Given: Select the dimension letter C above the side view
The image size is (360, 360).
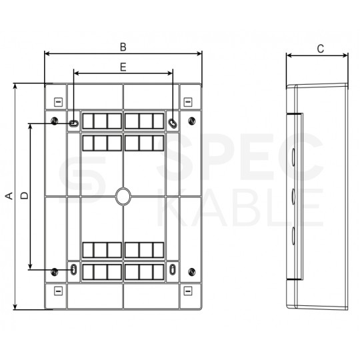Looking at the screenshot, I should tap(320, 48).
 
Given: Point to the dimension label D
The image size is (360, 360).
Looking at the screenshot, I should tap(23, 195).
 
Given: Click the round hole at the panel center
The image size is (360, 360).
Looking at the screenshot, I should tap(123, 195).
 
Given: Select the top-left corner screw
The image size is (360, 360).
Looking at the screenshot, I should tap(53, 121).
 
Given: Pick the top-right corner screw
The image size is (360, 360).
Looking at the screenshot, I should tap(192, 121).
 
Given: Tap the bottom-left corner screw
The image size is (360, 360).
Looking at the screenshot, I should tap(53, 271).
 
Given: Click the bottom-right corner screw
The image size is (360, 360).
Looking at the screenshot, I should tap(192, 271).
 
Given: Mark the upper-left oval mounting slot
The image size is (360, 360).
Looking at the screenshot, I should tap(73, 123).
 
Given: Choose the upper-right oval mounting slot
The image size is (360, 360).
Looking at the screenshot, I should tap(173, 123).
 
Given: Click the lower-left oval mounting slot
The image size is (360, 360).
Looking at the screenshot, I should tap(73, 270).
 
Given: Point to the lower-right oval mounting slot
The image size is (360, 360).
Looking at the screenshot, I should tap(173, 270).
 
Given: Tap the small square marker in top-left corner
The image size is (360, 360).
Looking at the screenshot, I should tap(57, 102).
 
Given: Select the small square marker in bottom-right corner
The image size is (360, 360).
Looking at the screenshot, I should tap(187, 290).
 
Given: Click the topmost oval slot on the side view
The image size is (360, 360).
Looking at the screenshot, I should tap(293, 158).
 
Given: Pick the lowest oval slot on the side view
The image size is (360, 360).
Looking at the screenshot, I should tap(293, 233).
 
